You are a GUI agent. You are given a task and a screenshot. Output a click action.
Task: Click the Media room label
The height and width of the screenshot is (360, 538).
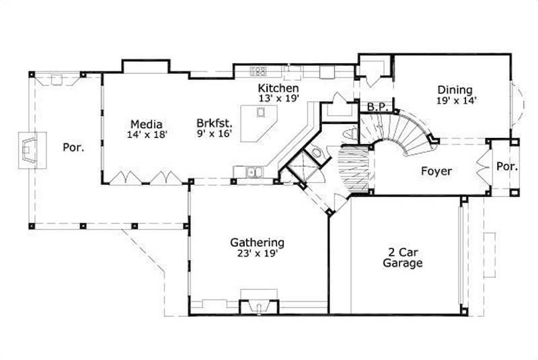coord(145,123)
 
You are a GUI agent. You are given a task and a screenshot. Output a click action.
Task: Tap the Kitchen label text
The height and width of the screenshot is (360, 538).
coord(278,88)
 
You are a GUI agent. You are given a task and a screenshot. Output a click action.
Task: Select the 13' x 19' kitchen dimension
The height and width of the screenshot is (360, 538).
coord(278,98)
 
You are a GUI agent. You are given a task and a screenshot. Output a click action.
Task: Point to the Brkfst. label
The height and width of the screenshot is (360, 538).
coord(215,123)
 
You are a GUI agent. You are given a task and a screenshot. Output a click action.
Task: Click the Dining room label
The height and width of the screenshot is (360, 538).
coord(455,89)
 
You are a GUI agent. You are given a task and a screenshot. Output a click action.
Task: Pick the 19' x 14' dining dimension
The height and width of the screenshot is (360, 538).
coord(455,100)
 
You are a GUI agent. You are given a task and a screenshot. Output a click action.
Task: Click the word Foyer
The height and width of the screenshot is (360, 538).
coord(436,171)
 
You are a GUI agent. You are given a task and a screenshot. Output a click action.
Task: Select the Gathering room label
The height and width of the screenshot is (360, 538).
coord(257,242)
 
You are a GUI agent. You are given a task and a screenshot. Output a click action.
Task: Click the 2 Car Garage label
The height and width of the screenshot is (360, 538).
coord(403,257)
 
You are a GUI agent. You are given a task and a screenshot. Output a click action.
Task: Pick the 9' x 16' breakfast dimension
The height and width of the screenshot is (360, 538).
coord(215,134)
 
